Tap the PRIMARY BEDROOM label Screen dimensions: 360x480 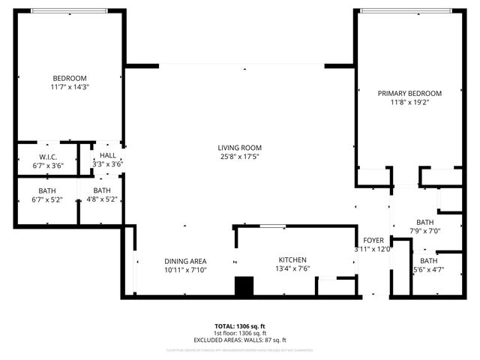pyautogui.click(x=409, y=93)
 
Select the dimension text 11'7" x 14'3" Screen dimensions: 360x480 pyautogui.click(x=70, y=87)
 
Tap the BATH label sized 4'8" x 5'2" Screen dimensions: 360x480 pyautogui.click(x=101, y=190)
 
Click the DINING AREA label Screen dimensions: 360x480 pyautogui.click(x=184, y=261)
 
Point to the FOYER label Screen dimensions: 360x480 pyautogui.click(x=373, y=241)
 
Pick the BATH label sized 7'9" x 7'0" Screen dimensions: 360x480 pyautogui.click(x=425, y=222)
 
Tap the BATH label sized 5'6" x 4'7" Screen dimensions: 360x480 pyautogui.click(x=428, y=260)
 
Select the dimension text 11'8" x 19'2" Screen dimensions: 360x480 pyautogui.click(x=409, y=102)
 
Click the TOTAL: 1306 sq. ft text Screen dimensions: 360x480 pyautogui.click(x=239, y=327)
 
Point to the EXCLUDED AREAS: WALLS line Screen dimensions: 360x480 pyautogui.click(x=239, y=340)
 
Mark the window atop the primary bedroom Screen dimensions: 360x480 pyautogui.click(x=406, y=10)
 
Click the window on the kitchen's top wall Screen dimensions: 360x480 pyautogui.click(x=271, y=226)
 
